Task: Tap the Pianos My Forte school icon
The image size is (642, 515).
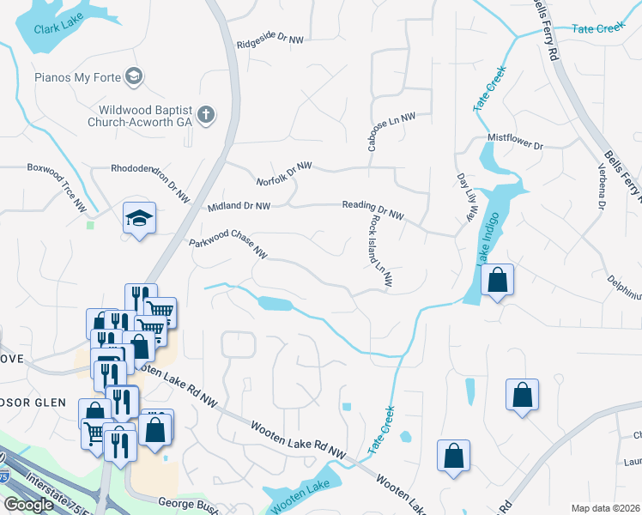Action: click(133, 77)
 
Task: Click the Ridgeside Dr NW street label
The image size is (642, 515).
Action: click(270, 40)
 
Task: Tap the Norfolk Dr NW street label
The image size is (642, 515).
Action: click(284, 173)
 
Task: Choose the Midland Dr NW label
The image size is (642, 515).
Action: click(239, 207)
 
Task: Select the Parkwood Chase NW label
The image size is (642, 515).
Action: click(228, 246)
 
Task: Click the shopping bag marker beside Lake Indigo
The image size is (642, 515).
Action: click(497, 280)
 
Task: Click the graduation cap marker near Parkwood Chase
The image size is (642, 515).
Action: click(138, 218)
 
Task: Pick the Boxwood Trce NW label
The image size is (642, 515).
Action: click(57, 175)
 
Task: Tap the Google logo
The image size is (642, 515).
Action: click(28, 505)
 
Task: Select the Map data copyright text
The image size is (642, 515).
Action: click(606, 508)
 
